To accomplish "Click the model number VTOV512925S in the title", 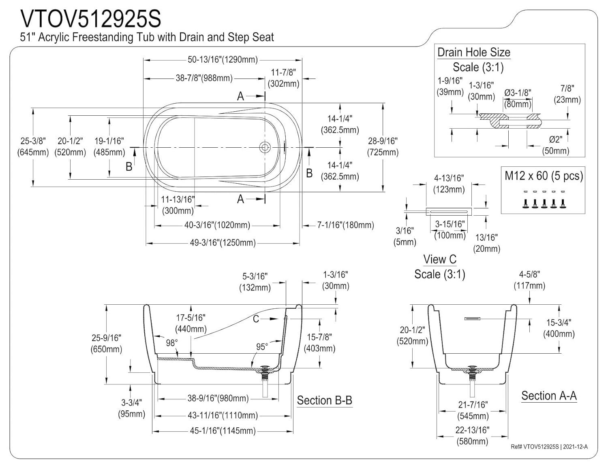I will coord(91,19).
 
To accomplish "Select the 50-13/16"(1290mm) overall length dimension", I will coord(223,60).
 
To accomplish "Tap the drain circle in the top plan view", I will coord(265,147).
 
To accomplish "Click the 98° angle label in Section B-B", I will coord(172,343).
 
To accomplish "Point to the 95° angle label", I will coord(262,347).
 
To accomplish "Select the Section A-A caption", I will coord(549,396).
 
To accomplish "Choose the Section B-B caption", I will coord(324,401).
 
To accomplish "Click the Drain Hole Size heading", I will coord(473,52).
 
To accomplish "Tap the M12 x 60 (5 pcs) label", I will coord(543,176).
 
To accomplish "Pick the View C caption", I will coord(440,259).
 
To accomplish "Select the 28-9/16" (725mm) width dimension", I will coord(383,146).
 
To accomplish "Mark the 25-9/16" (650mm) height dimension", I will coord(106,343).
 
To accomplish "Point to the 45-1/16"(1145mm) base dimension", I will coord(223,431).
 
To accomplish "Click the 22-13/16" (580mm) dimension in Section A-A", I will coord(472,435).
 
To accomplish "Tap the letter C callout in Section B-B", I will coord(256,319).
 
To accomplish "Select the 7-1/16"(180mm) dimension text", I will coord(345,225).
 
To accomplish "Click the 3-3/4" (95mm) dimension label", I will coord(131,408).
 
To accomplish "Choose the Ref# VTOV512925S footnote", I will coord(549,447).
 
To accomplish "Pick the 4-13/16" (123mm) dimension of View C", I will coord(449,184).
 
